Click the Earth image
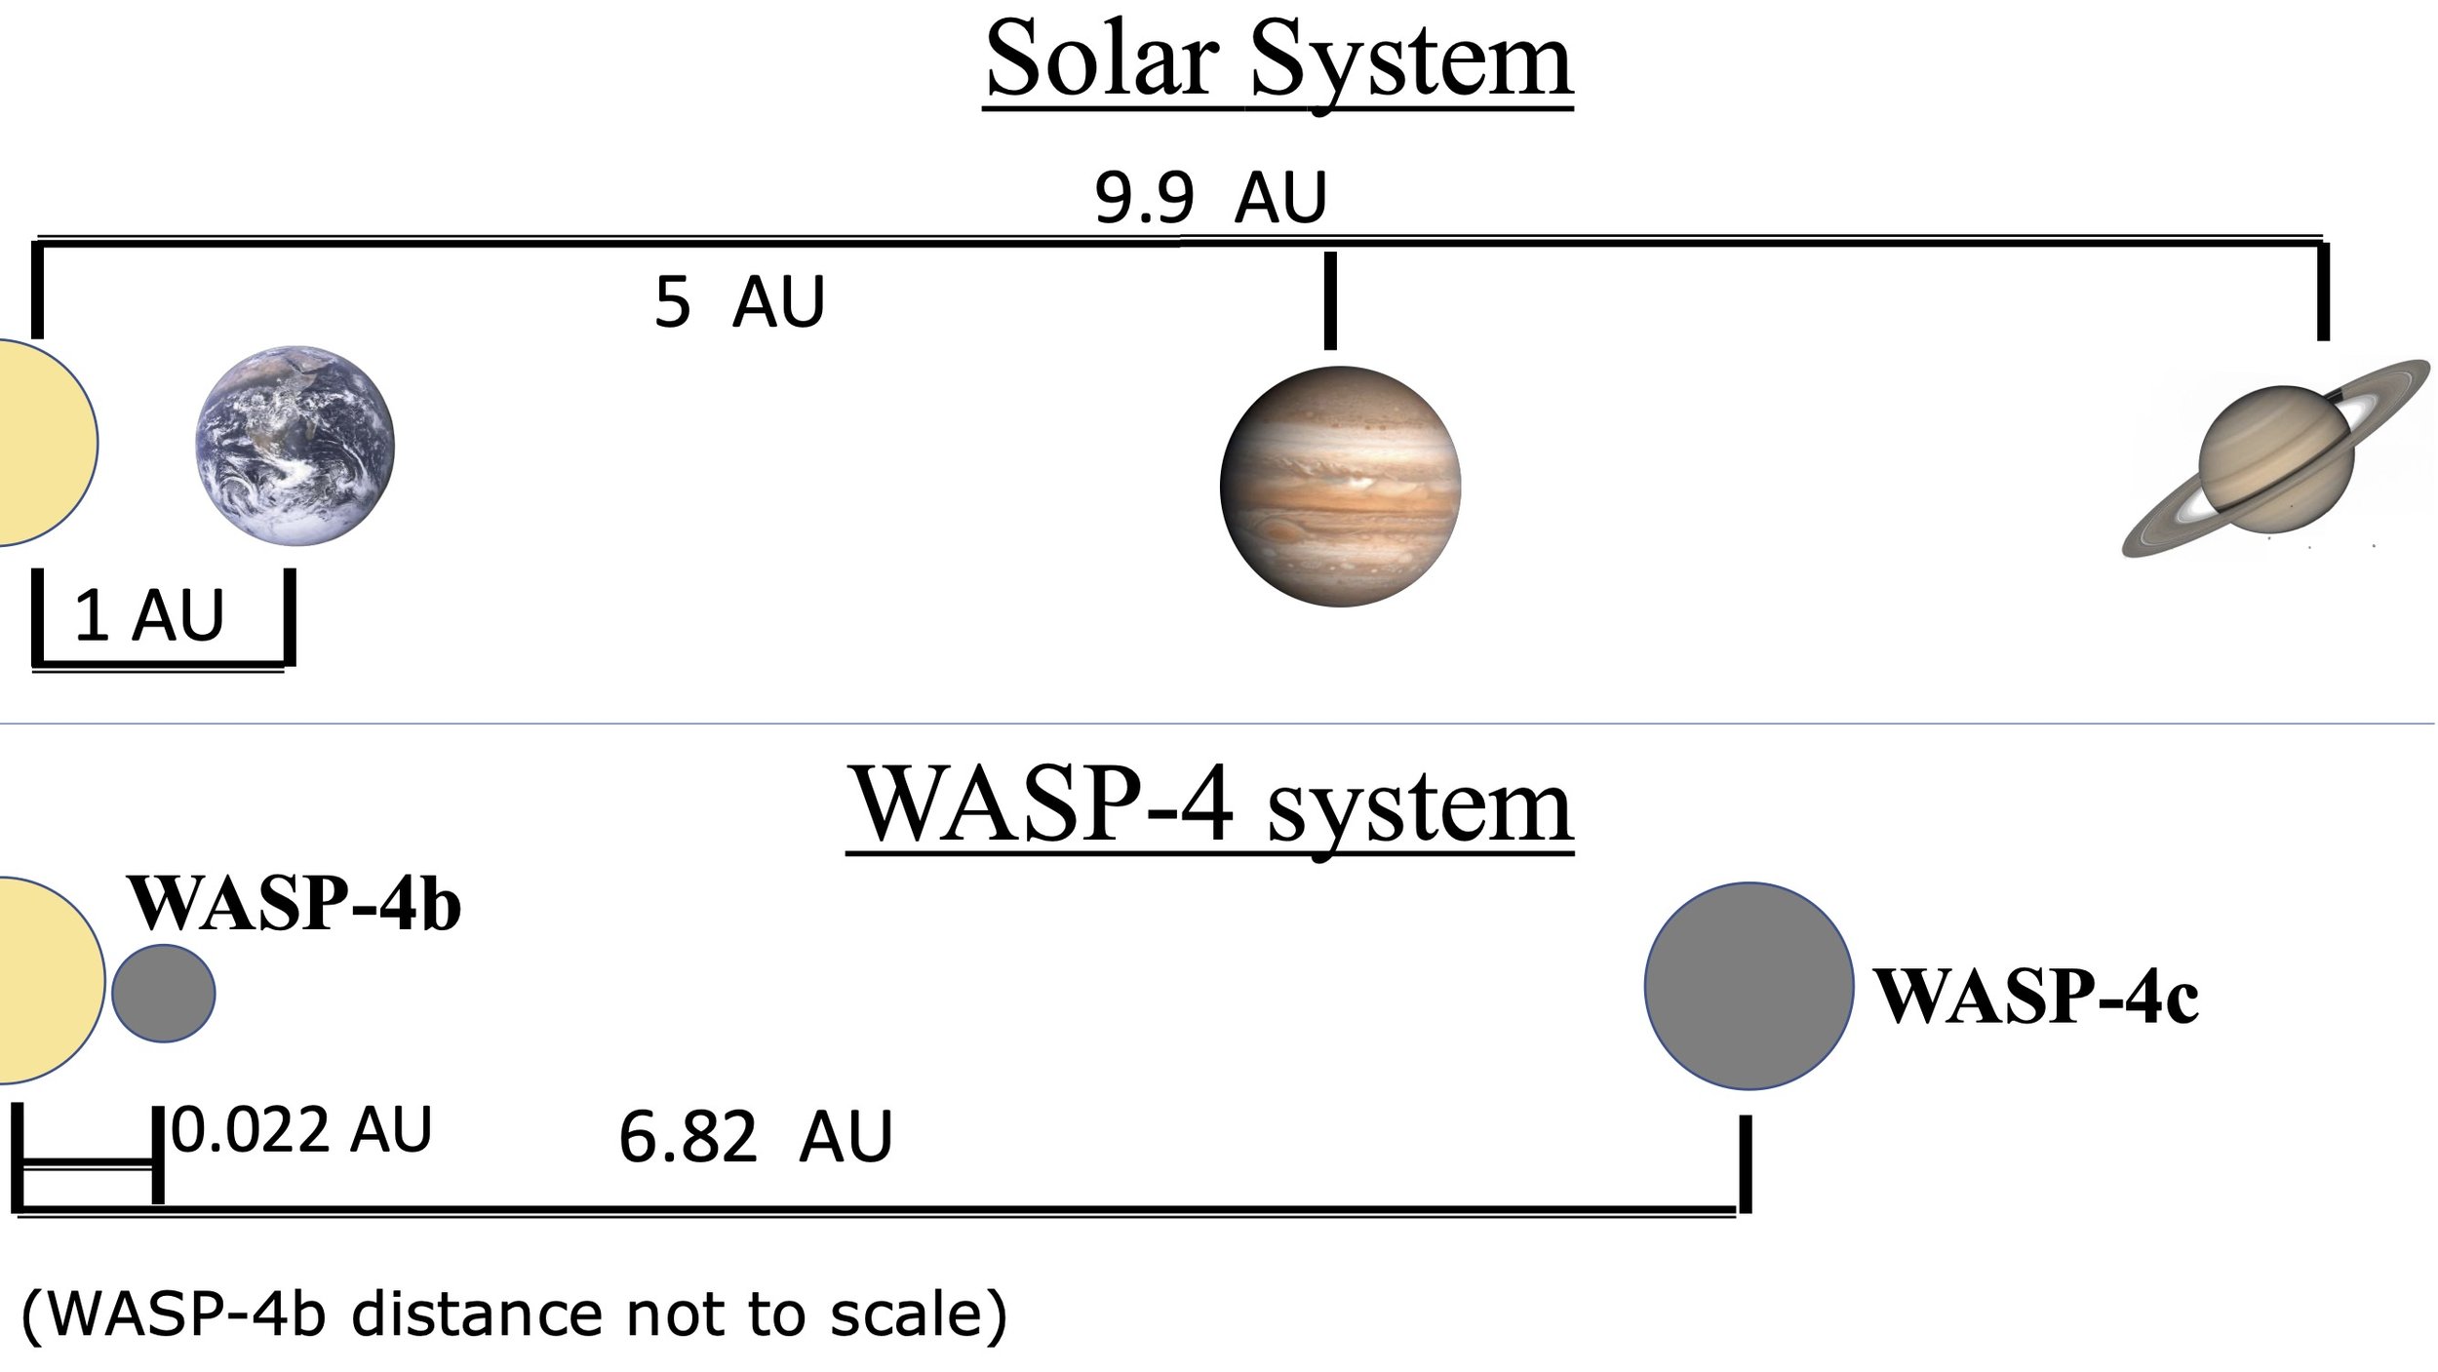click(x=295, y=445)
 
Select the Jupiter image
click(x=1340, y=486)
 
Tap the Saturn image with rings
click(x=2272, y=458)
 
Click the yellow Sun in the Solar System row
click(x=44, y=442)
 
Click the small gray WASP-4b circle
click(x=163, y=994)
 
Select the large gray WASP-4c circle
click(x=1749, y=986)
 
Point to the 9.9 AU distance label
click(x=1210, y=199)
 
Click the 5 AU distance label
click(x=739, y=302)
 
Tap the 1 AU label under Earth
click(x=149, y=616)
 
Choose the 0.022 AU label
click(x=301, y=1131)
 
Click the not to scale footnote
click(x=514, y=1315)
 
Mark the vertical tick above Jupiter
click(x=1330, y=300)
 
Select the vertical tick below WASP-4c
click(x=1745, y=1164)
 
